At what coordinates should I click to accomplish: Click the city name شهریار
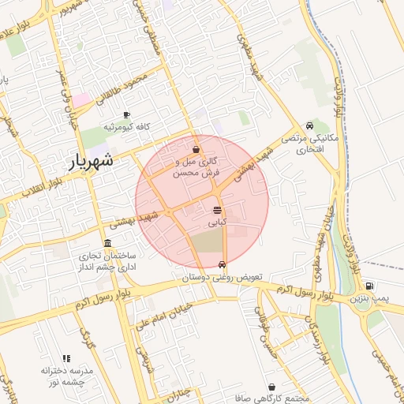(88, 161)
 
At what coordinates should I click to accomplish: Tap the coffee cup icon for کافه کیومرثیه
(127, 114)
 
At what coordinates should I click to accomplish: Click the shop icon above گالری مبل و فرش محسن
(196, 148)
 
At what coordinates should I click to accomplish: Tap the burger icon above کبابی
(217, 210)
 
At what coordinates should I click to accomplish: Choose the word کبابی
(217, 224)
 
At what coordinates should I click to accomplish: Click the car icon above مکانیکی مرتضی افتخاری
(309, 125)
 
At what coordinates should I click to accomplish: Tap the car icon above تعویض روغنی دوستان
(222, 264)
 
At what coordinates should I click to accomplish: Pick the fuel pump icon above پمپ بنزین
(370, 286)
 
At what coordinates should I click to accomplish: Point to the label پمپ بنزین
(370, 299)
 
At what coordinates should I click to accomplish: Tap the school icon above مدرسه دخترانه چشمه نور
(66, 359)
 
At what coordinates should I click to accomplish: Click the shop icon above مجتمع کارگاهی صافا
(273, 387)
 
